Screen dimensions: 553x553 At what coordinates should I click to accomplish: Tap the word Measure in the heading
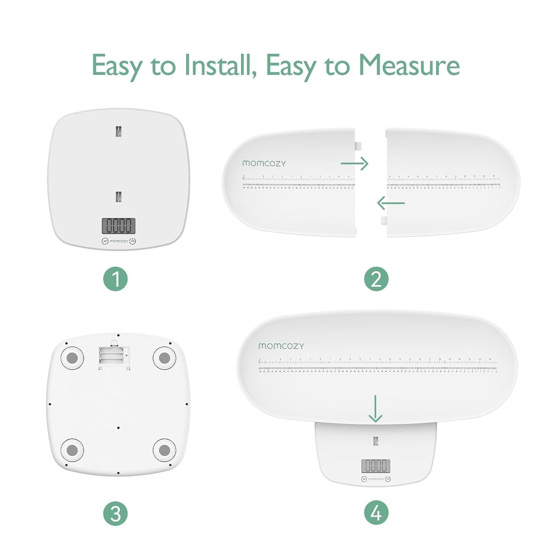pyautogui.click(x=409, y=65)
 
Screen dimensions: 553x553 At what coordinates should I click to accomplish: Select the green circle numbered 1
pyautogui.click(x=115, y=279)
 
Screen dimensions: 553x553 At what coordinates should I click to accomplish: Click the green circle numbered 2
pyautogui.click(x=376, y=279)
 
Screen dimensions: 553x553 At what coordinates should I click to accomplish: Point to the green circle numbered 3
pyautogui.click(x=115, y=513)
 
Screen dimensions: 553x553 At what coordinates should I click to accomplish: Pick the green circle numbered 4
pyautogui.click(x=376, y=513)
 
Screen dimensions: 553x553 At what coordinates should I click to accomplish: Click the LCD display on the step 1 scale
pyautogui.click(x=118, y=226)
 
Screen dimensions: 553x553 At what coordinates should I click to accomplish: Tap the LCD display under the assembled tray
pyautogui.click(x=376, y=466)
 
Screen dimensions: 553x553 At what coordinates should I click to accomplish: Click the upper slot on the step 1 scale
pyautogui.click(x=118, y=131)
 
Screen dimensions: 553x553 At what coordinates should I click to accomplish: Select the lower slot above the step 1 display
pyautogui.click(x=118, y=196)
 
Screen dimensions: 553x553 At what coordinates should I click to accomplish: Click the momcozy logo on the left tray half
pyautogui.click(x=264, y=163)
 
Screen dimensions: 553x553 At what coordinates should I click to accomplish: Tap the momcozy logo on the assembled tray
pyautogui.click(x=281, y=346)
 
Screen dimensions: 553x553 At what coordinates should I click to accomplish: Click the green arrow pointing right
pyautogui.click(x=354, y=163)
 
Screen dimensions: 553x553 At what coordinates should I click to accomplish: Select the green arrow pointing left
pyautogui.click(x=391, y=203)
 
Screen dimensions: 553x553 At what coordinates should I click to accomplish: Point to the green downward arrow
pyautogui.click(x=375, y=409)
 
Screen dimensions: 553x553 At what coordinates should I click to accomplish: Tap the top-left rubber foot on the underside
pyautogui.click(x=72, y=357)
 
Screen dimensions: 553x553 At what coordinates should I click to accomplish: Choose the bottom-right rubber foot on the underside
pyautogui.click(x=164, y=450)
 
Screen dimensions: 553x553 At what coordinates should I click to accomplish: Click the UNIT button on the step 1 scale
pyautogui.click(x=105, y=241)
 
